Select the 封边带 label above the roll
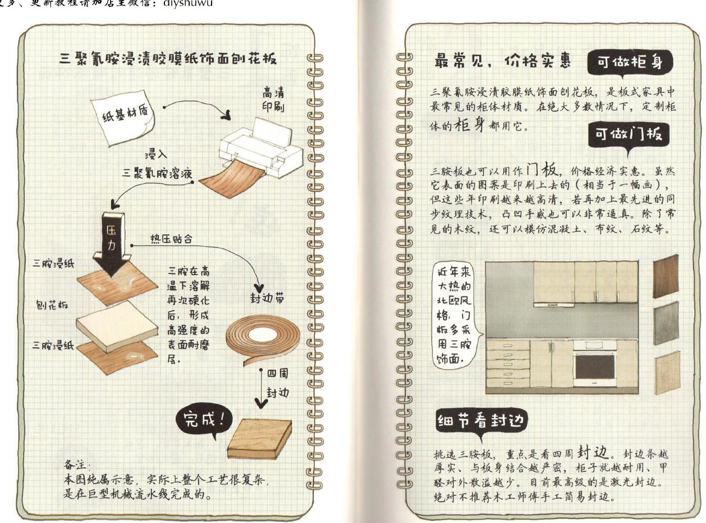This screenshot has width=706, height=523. click(x=261, y=299)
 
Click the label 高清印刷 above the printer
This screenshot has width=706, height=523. click(x=273, y=99)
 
